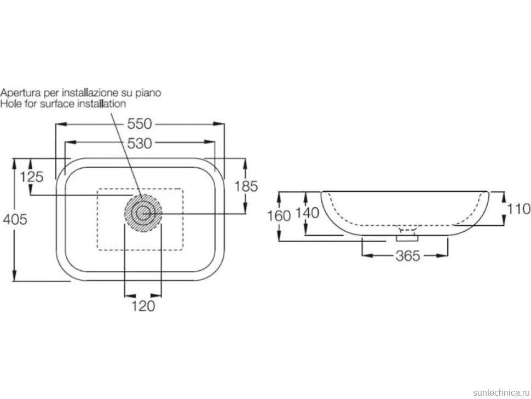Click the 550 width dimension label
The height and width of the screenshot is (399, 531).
pyautogui.click(x=140, y=124)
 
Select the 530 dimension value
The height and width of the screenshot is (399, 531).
pyautogui.click(x=140, y=144)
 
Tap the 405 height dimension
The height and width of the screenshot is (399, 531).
pyautogui.click(x=15, y=220)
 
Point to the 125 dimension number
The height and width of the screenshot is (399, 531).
pyautogui.click(x=32, y=177)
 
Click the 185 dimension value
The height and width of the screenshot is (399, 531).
pyautogui.click(x=246, y=186)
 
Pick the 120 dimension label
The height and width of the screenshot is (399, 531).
pyautogui.click(x=143, y=306)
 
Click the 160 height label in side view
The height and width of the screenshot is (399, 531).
pyautogui.click(x=279, y=215)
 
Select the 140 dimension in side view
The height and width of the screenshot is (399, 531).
pyautogui.click(x=308, y=213)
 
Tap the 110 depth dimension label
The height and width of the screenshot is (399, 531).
pyautogui.click(x=518, y=209)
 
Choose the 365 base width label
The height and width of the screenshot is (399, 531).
pyautogui.click(x=408, y=256)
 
